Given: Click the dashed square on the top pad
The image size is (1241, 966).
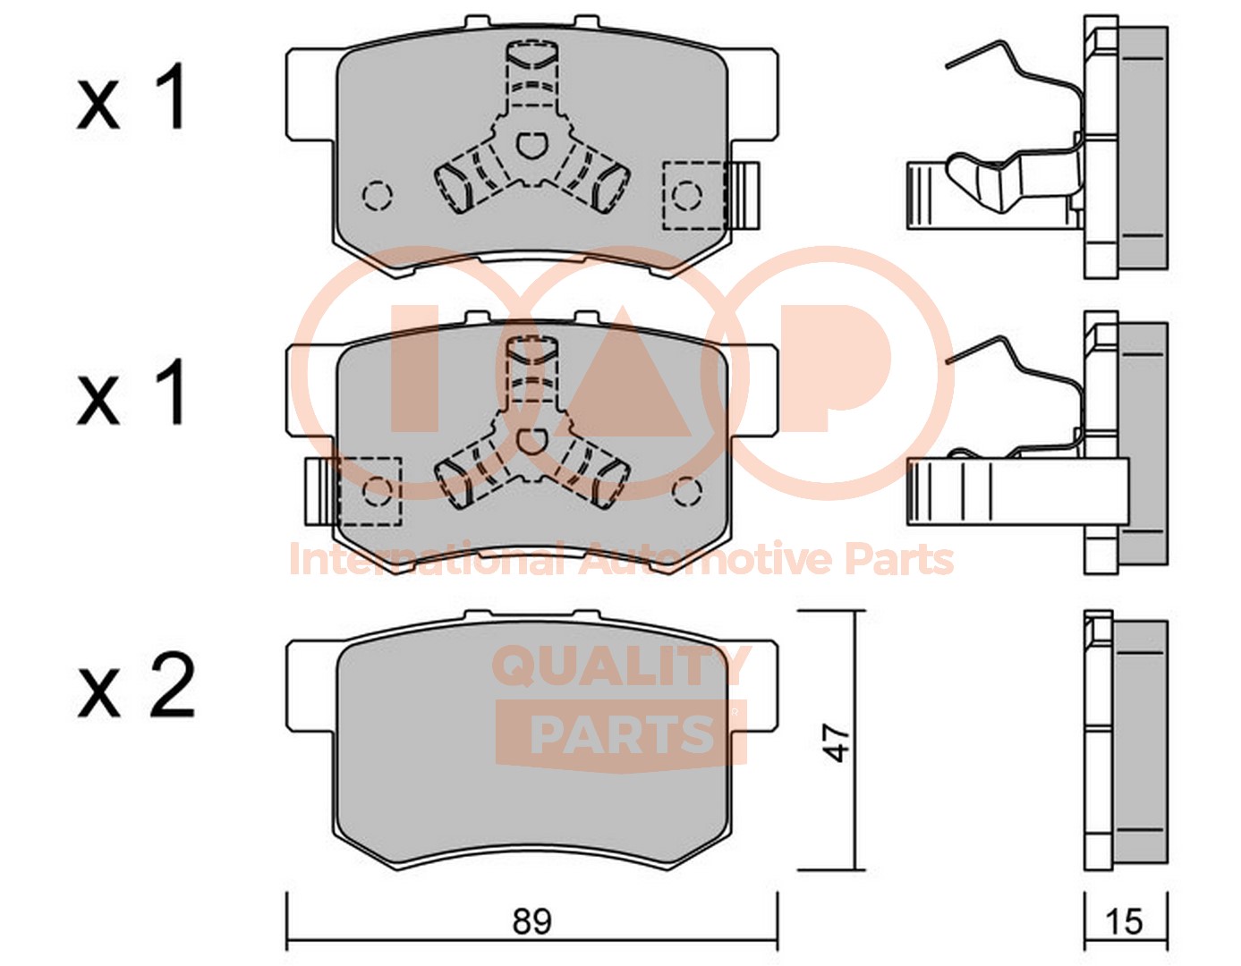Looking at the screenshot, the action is click(x=695, y=196).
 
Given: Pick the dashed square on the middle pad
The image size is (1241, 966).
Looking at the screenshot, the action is click(x=370, y=490).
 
